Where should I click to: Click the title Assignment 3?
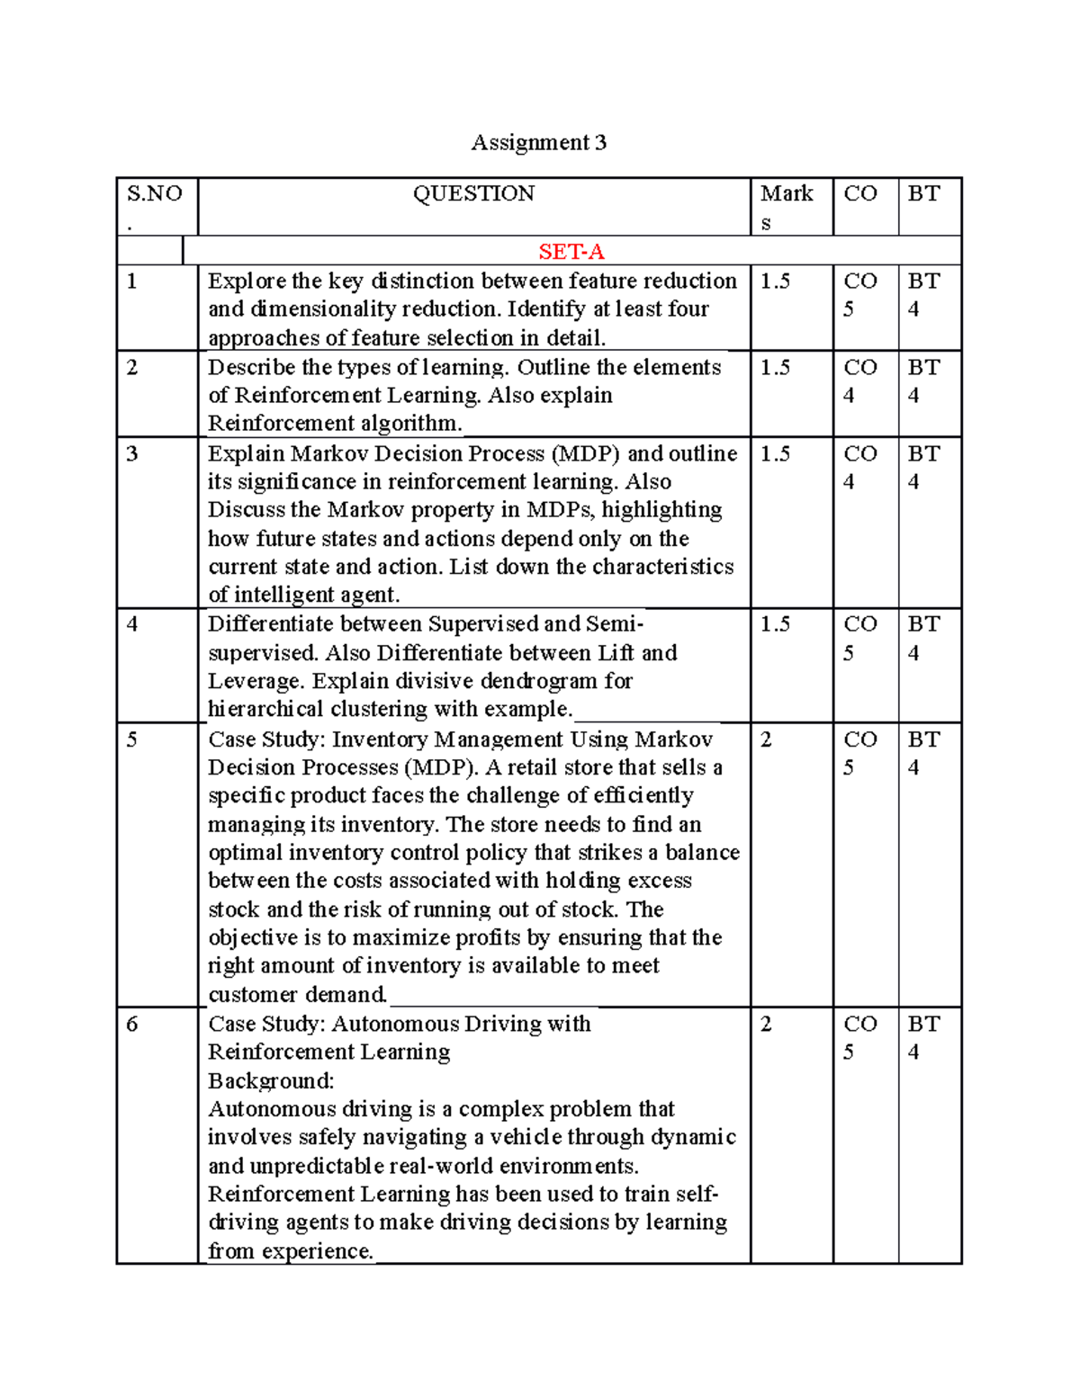(538, 142)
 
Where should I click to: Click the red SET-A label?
(571, 251)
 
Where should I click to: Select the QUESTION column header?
(473, 193)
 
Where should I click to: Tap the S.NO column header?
(154, 194)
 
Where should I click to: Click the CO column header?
(859, 193)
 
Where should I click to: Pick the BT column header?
(923, 193)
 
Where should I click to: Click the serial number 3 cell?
(132, 453)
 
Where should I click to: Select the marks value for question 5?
(766, 739)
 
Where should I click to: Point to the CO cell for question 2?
(859, 381)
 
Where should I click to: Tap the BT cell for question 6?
(923, 1037)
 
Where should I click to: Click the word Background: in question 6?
(270, 1080)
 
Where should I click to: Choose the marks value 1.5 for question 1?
(775, 282)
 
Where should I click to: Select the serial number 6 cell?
(132, 1024)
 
